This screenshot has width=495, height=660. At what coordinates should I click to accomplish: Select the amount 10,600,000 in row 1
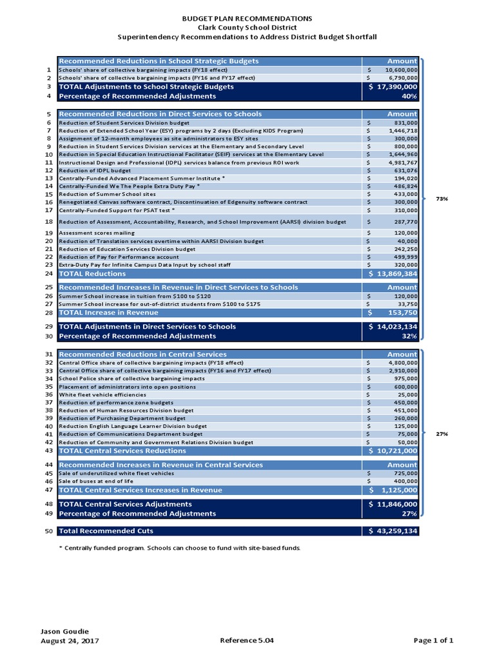point(401,70)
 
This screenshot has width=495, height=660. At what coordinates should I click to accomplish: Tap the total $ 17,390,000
point(393,86)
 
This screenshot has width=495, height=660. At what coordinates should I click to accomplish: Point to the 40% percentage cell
point(409,96)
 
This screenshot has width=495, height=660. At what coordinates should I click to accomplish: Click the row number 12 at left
point(48,171)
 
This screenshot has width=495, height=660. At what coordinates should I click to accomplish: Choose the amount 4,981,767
point(401,162)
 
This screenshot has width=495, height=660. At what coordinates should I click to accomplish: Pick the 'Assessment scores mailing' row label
point(97,233)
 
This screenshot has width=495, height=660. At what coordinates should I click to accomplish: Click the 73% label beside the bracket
point(442,199)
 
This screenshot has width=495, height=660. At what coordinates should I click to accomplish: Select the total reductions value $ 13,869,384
point(393,274)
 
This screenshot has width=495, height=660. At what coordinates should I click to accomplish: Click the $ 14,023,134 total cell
point(393,327)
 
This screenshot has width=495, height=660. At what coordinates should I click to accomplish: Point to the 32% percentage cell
point(409,336)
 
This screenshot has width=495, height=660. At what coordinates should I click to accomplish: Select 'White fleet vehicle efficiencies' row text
point(102,394)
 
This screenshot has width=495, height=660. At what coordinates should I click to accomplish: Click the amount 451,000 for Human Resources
point(405,410)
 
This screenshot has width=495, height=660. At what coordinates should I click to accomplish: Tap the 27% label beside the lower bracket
point(442,434)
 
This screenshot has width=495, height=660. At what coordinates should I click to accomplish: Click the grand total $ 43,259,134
point(393,531)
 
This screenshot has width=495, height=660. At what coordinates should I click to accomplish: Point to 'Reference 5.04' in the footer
point(247,641)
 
